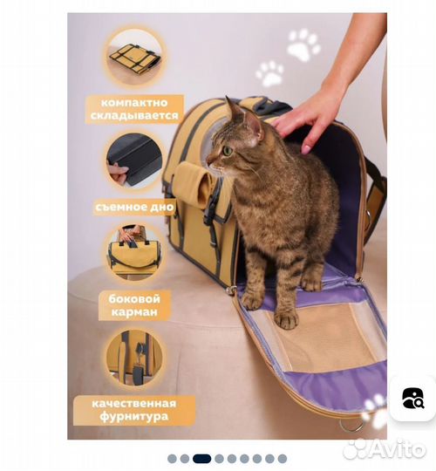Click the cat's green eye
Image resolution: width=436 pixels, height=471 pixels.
[x=228, y=150]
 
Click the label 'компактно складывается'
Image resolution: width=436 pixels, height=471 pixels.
[x=134, y=109]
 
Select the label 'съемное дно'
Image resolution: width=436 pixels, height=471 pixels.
[x=134, y=207]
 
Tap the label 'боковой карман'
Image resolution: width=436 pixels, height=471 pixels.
[x=134, y=305]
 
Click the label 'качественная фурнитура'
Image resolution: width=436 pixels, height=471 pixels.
[x=134, y=410]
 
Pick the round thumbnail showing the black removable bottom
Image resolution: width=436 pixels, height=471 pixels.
[x=135, y=162]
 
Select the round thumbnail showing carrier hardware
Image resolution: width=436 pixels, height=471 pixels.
[x=135, y=358]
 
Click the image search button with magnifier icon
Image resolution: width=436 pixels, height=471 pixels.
[x=412, y=398]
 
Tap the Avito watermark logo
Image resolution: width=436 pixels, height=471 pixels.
[x=385, y=449]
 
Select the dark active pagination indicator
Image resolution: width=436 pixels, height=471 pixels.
[x=201, y=459]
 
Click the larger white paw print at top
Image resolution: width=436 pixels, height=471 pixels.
[x=303, y=45]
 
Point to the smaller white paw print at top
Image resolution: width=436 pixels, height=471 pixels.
[x=269, y=73]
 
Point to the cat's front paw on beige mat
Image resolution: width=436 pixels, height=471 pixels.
[x=287, y=320]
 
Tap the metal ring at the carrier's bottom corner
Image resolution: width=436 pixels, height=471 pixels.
[x=351, y=425]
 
